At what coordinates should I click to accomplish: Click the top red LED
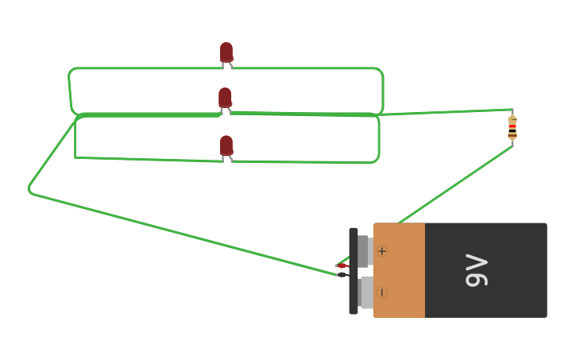coord(226,52)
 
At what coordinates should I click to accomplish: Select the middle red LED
coord(225,98)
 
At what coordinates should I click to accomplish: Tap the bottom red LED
coord(226,145)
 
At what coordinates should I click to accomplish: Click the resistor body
coord(512,127)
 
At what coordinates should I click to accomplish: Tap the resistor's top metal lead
coord(512,112)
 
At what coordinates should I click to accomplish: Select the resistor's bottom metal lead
coord(512,143)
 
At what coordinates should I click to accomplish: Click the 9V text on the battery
coord(477,270)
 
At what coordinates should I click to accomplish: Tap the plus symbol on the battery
coord(382,251)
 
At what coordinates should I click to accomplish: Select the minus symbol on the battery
coord(382,292)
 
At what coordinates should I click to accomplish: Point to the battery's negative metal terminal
coord(365,292)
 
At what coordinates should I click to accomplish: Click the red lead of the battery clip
coord(342,265)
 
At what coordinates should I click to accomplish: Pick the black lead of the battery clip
coord(342,275)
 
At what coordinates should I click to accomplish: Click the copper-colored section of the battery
coord(400,270)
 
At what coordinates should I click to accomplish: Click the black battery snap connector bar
coord(354,271)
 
